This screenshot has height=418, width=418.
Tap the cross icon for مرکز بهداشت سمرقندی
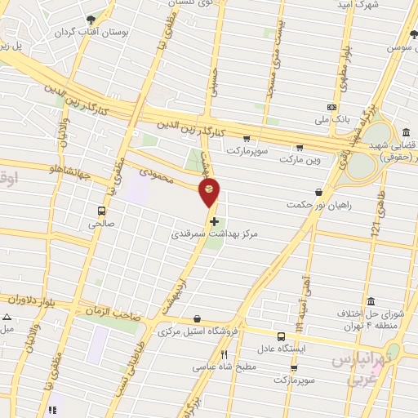pos(214,220)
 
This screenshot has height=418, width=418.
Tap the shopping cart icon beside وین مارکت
pos(300,148)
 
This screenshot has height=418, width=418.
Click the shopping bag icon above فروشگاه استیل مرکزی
pos(197,319)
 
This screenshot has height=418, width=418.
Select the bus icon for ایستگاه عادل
pos(282,336)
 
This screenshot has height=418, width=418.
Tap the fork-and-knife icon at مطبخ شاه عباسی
pos(225,355)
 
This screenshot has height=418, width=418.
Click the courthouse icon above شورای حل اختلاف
pos(371,300)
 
